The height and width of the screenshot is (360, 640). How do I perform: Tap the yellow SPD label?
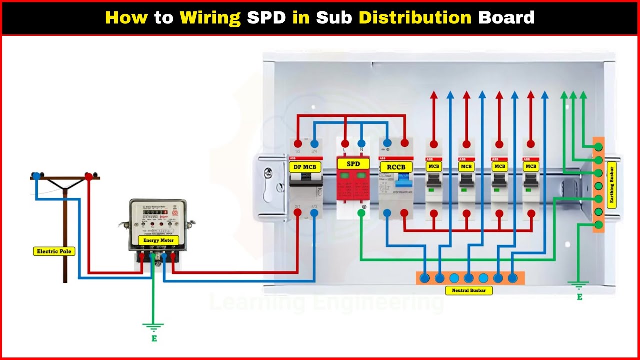[x=353, y=164]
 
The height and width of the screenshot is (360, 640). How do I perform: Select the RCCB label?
[x=396, y=167]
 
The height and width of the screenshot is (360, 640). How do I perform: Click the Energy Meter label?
[x=158, y=240]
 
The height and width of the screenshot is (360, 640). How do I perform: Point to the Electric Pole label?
[x=54, y=251]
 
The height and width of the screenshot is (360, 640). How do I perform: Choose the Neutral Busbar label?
[x=468, y=290]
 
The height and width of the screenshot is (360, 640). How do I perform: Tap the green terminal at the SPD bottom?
[x=361, y=213]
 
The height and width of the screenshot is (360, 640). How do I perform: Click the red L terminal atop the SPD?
[x=345, y=143]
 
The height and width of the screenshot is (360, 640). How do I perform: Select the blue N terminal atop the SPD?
[x=361, y=143]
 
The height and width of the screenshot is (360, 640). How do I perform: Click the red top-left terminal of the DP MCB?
[x=298, y=143]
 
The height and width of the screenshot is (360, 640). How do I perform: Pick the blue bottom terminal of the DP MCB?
[x=314, y=213]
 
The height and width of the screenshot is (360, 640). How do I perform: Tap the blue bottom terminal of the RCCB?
[x=387, y=213]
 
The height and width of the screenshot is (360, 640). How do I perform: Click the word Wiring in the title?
[x=210, y=18]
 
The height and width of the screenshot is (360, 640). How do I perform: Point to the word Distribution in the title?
[x=415, y=18]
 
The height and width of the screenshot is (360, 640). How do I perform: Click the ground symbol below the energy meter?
[x=153, y=327]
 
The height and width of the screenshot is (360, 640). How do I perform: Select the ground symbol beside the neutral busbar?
[x=579, y=285]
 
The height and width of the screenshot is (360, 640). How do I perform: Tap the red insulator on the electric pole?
[x=89, y=176]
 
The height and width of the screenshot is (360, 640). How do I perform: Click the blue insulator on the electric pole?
[x=36, y=176]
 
